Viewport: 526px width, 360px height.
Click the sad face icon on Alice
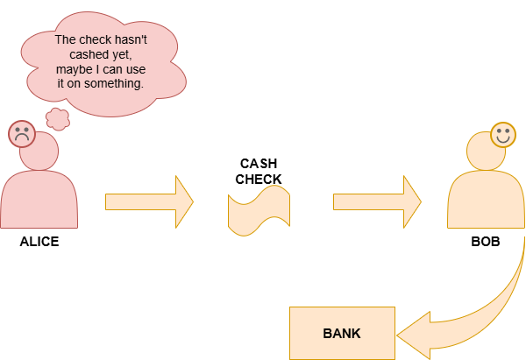coord(22,134)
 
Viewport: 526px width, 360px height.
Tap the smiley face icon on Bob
coord(503,134)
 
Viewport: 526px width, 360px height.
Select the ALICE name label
coord(39,242)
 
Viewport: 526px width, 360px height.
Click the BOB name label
coord(486,242)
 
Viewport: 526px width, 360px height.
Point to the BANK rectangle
coord(342,333)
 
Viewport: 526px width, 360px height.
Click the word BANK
coord(342,334)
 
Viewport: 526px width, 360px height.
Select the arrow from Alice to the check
coord(149,201)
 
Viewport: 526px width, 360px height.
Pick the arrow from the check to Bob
coord(377,201)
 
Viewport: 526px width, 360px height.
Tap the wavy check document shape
coord(259,210)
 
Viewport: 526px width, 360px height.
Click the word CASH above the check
coord(259,164)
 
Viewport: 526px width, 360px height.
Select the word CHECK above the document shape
coord(259,180)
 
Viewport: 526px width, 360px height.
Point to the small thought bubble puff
coord(58,119)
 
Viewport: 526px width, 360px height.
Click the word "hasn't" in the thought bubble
coord(130,39)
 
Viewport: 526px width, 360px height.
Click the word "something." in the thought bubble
coord(114,84)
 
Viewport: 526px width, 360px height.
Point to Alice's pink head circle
coord(39,151)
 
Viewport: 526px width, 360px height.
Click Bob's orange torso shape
coord(486,200)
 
